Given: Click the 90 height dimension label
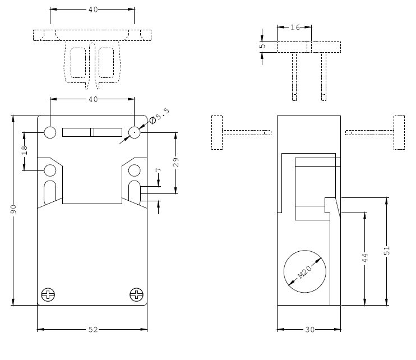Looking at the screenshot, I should tap(13, 210).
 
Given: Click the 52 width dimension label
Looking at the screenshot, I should tap(93, 330).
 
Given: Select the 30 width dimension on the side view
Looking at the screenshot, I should tap(309, 330).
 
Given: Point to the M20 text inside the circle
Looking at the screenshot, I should tap(304, 272).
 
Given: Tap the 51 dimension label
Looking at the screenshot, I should tap(387, 251).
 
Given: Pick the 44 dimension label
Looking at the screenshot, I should tap(364, 259).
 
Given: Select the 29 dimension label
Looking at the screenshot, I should tap(176, 163).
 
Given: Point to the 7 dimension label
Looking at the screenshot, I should tap(159, 169).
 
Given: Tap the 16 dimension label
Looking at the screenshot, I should tap(294, 27).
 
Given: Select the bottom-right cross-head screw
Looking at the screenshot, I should tap(136, 293).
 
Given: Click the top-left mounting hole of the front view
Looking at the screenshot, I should tap(50, 132).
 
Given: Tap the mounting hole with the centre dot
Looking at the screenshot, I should tap(135, 132).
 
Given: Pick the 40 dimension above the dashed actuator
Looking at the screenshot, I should tap(93, 10).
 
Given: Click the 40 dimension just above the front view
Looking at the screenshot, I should tap(93, 99).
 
